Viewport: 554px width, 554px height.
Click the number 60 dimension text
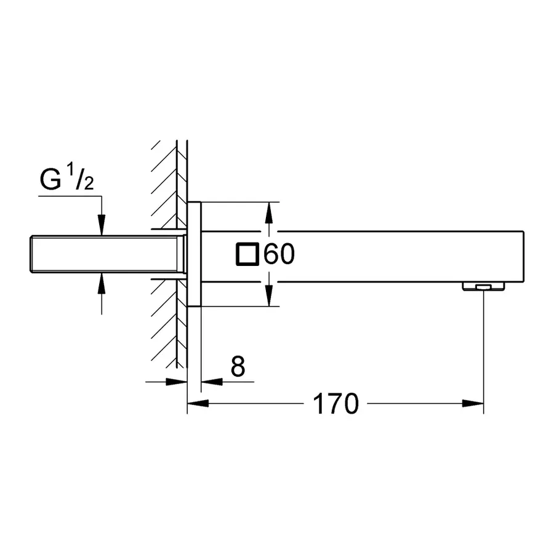click(279, 254)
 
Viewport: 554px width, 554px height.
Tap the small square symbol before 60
click(247, 254)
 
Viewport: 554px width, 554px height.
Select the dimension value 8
click(238, 367)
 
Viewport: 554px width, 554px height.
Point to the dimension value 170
click(335, 404)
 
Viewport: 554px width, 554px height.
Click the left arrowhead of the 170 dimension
click(196, 404)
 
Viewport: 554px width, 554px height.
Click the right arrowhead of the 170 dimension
click(475, 404)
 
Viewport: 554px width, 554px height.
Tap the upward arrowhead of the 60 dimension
click(268, 212)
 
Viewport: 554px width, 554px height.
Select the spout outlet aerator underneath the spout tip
click(484, 286)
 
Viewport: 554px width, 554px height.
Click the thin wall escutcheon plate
click(195, 254)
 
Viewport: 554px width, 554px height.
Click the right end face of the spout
click(523, 256)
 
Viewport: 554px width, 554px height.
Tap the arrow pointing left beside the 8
click(211, 382)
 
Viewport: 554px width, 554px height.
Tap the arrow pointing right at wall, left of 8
click(178, 382)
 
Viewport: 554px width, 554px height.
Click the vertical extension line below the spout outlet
click(484, 345)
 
